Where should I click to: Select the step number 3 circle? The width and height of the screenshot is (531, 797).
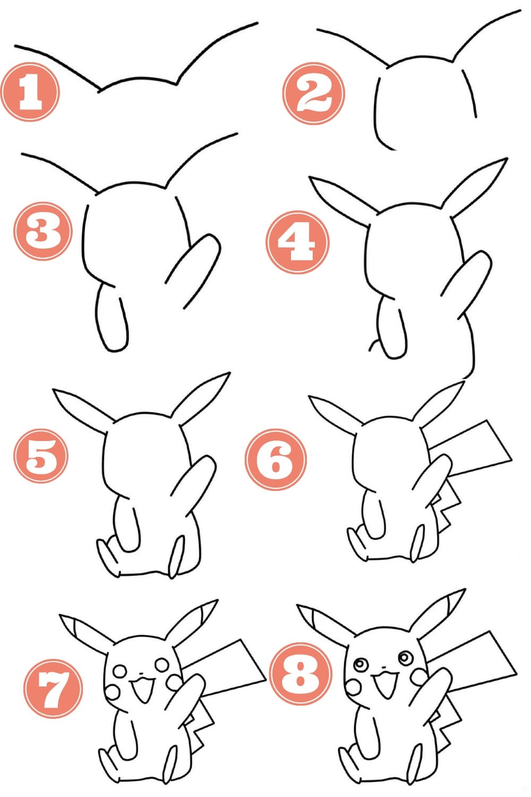pyautogui.click(x=42, y=232)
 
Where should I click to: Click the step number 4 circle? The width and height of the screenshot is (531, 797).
pyautogui.click(x=297, y=242)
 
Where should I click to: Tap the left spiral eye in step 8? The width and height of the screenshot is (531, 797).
pyautogui.click(x=359, y=664)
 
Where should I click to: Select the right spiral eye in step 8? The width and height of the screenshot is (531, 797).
pyautogui.click(x=405, y=658)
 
